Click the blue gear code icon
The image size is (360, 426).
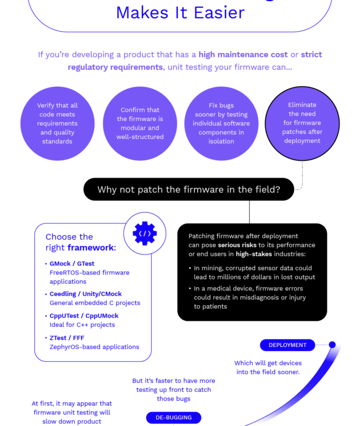point(145,233)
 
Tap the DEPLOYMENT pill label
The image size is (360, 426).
point(287,345)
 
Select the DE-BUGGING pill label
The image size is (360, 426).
point(173,418)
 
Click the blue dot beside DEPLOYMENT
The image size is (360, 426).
point(332,345)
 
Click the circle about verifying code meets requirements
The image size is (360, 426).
point(58,123)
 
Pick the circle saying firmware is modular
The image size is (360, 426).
point(140,123)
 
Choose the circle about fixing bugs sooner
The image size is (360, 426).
point(222,123)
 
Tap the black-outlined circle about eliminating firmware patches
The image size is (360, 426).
point(302,123)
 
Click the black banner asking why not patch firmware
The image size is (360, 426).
point(189,189)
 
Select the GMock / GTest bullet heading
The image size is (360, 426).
point(72,263)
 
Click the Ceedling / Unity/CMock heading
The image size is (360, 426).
point(86,294)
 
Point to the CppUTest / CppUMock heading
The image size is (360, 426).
point(84,316)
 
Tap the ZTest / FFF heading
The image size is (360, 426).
point(67,338)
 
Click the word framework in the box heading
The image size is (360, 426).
point(91,247)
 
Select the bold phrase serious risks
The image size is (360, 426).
point(237,245)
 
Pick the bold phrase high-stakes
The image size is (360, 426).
point(254,254)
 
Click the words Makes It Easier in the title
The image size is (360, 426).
point(180,13)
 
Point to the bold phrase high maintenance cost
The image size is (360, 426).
point(243,55)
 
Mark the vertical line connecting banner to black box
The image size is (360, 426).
point(249,212)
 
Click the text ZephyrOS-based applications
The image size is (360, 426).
point(94,347)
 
